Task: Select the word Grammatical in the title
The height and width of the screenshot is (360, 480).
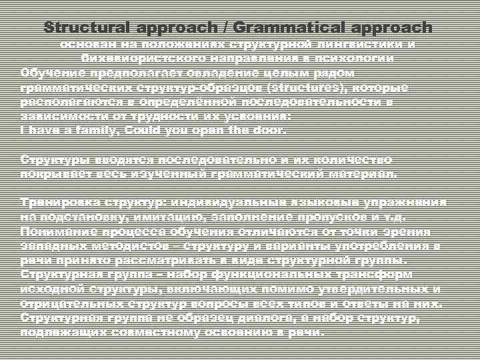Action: [287, 28]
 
